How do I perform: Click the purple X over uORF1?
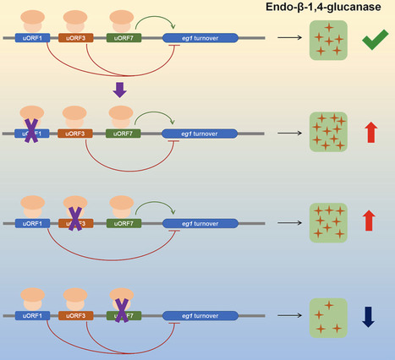(x=31, y=132)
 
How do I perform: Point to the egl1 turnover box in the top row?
(x=201, y=39)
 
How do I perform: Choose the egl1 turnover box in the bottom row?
(x=201, y=315)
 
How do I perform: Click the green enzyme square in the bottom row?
(x=325, y=314)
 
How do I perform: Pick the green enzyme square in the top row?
(x=325, y=40)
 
